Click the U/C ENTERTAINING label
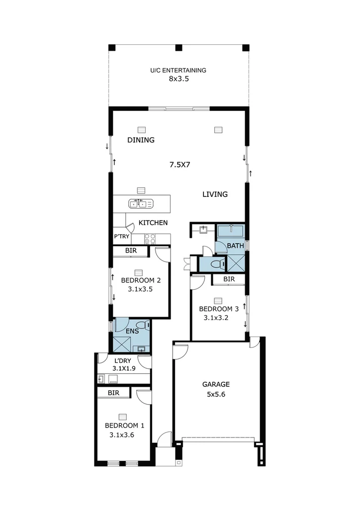[178, 71]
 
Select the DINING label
[141, 140]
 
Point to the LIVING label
[215, 194]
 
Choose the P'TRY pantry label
[122, 237]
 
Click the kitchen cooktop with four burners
[150, 239]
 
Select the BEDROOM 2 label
[141, 280]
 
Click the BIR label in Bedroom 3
[229, 280]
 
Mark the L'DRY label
[122, 360]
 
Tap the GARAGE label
[216, 384]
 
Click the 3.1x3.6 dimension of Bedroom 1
[122, 434]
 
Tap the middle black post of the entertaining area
[179, 48]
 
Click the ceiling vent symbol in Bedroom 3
[217, 301]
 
